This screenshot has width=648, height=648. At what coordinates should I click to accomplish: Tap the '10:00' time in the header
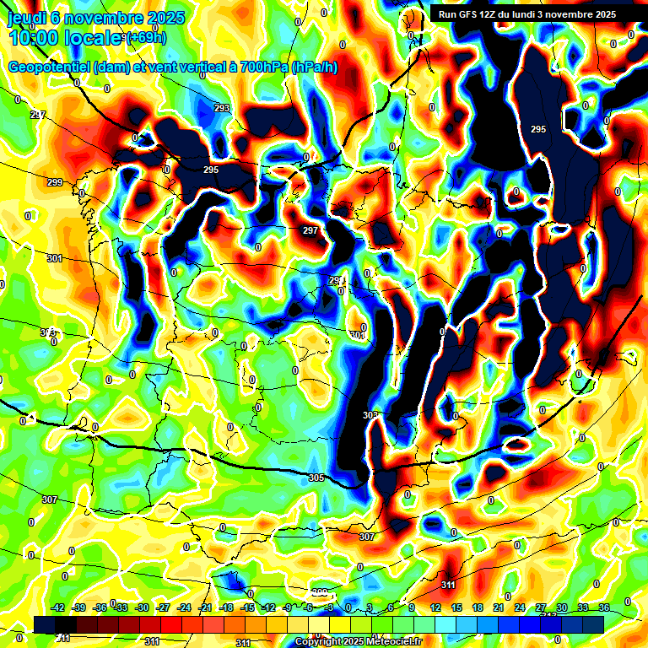pyautogui.click(x=33, y=37)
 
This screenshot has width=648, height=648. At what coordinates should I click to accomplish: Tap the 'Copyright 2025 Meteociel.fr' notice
pyautogui.click(x=358, y=641)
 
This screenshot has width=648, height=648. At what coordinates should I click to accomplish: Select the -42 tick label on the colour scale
pyautogui.click(x=58, y=607)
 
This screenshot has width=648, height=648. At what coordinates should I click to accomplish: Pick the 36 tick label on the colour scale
pyautogui.click(x=604, y=607)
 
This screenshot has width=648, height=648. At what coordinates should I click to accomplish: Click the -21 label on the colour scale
pyautogui.click(x=205, y=607)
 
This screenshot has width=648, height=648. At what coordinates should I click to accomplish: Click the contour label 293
pyautogui.click(x=222, y=108)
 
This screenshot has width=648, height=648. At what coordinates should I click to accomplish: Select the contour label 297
pyautogui.click(x=310, y=230)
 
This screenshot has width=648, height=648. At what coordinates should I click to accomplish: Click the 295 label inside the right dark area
pyautogui.click(x=538, y=128)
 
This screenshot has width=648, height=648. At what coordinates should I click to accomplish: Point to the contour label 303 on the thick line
pyautogui.click(x=370, y=415)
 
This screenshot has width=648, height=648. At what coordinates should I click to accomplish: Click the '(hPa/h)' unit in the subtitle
pyautogui.click(x=314, y=67)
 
